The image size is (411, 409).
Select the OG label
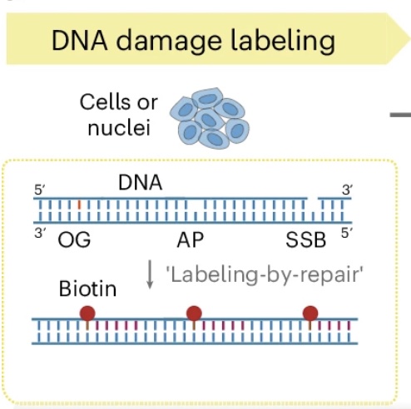click(74, 241)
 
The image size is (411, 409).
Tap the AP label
click(191, 241)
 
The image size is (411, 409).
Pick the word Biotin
click(87, 289)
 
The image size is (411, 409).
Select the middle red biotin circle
click(194, 313)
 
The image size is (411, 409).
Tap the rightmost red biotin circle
click(310, 313)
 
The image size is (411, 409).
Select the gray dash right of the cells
click(400, 114)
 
